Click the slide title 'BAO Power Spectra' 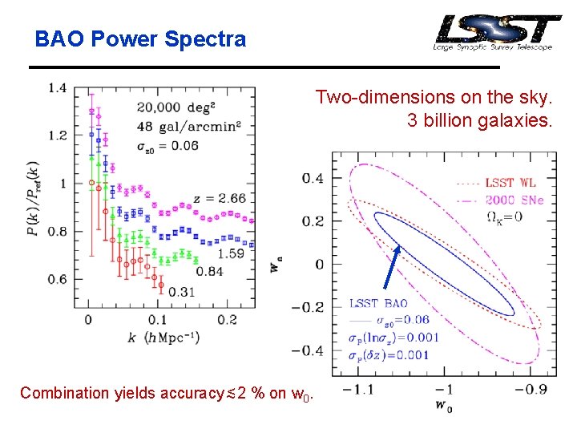(x=140, y=38)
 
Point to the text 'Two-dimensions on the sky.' (x=434, y=98)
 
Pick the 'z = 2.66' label (x=219, y=198)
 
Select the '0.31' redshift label (x=181, y=291)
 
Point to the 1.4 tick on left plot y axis (x=57, y=87)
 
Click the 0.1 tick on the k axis (x=158, y=320)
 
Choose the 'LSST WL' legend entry (x=510, y=183)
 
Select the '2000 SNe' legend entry (x=514, y=200)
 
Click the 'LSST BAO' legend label (x=378, y=304)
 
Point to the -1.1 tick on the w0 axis (x=357, y=389)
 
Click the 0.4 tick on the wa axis (x=313, y=177)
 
